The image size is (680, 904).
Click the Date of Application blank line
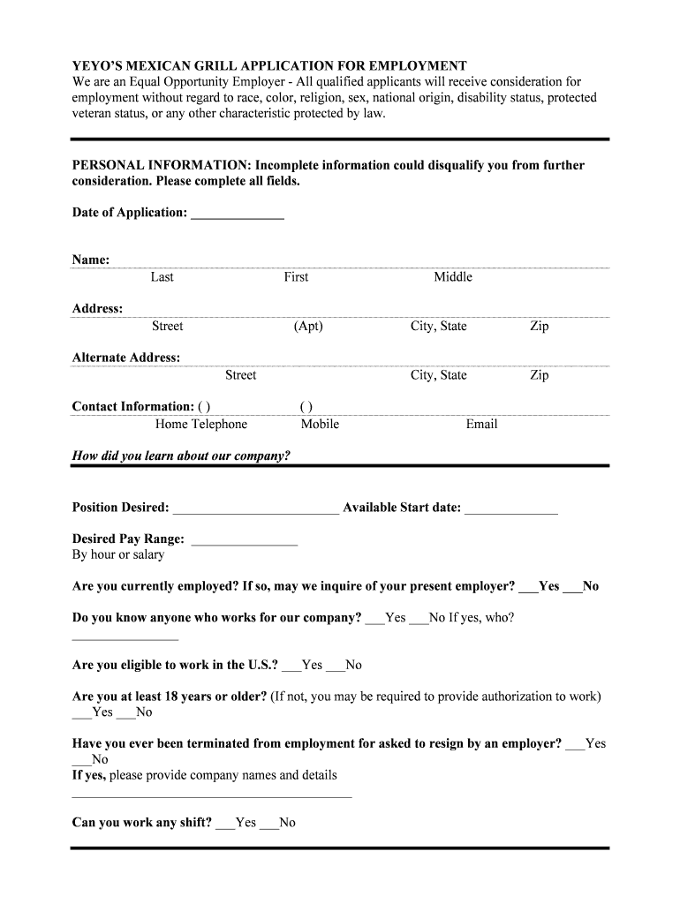click(x=237, y=215)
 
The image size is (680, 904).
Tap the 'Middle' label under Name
click(x=452, y=277)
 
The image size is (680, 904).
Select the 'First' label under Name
click(x=296, y=277)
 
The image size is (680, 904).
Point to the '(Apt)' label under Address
click(x=308, y=327)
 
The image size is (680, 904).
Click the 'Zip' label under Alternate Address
click(x=539, y=375)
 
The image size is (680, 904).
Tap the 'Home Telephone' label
click(x=201, y=425)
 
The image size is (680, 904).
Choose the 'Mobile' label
click(x=320, y=425)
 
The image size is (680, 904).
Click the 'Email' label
click(x=481, y=425)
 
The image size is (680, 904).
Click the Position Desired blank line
click(x=255, y=510)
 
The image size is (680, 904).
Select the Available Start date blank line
click(x=510, y=510)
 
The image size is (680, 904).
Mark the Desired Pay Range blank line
click(x=244, y=541)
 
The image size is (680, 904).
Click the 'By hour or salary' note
click(x=118, y=555)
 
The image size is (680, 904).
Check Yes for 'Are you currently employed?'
click(x=528, y=588)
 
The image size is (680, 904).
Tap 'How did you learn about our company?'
click(x=181, y=456)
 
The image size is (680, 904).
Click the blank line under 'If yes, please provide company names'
click(x=212, y=795)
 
